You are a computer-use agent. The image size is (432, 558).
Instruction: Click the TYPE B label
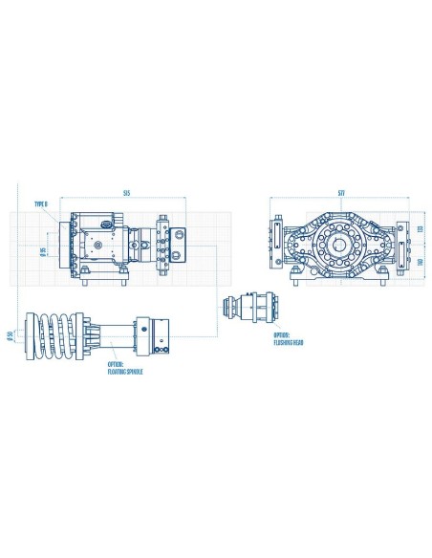[40, 204]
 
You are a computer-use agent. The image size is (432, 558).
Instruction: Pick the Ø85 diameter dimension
[44, 252]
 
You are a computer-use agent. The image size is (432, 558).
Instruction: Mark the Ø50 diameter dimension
[9, 334]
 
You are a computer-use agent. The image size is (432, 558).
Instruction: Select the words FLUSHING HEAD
[287, 339]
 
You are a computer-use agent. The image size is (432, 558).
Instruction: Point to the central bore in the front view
[339, 245]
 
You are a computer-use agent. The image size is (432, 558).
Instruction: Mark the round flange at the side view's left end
[65, 245]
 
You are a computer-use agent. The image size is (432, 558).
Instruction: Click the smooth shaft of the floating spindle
[114, 333]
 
